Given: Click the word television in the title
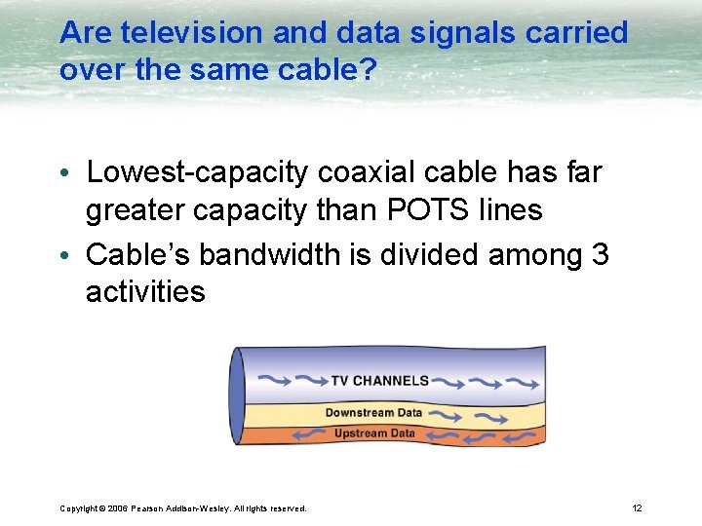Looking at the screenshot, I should tap(183, 32).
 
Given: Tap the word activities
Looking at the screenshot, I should tap(145, 291).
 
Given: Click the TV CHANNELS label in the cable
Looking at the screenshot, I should tap(379, 380).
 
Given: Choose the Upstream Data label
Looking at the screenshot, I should tap(374, 433).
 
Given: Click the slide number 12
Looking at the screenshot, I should tap(637, 507).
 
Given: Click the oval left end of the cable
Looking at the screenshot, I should tap(237, 396).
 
